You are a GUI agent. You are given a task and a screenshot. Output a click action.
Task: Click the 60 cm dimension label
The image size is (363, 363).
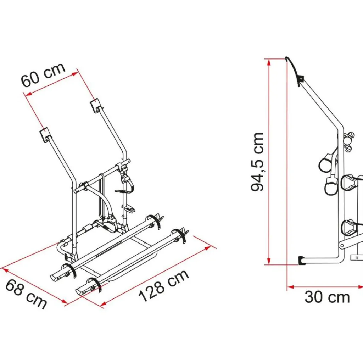pos(43,75)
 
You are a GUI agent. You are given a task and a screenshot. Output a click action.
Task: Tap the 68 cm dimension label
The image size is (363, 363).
pos(26,294)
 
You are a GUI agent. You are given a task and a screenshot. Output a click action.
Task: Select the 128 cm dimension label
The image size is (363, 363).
pos(163,286)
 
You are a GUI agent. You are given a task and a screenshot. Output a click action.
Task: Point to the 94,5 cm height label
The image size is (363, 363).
pos(257,162)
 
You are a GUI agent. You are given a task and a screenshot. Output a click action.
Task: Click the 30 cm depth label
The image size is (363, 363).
pos(327,297)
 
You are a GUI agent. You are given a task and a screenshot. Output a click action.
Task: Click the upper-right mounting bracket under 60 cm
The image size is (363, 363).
pos(96,106)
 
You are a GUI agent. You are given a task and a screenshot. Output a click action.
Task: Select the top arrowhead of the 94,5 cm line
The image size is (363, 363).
pos(269,63)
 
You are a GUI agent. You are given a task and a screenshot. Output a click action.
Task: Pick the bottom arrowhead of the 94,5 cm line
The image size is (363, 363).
pos(269,260)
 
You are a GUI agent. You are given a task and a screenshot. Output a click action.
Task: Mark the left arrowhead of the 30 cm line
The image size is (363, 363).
pos(291,287)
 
